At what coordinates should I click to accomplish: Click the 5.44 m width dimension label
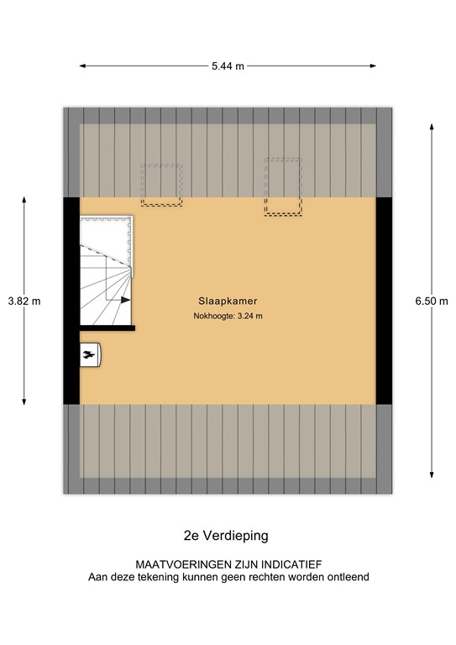(x=228, y=66)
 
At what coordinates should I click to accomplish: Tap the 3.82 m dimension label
(x=24, y=301)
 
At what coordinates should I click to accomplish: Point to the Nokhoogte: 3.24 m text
(x=228, y=317)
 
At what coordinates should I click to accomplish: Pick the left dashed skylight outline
(x=162, y=184)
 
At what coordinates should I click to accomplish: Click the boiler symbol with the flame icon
(x=89, y=355)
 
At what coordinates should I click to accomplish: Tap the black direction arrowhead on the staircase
(x=127, y=299)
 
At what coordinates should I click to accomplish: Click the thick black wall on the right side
(x=384, y=300)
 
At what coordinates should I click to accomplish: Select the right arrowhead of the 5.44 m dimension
(x=374, y=66)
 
